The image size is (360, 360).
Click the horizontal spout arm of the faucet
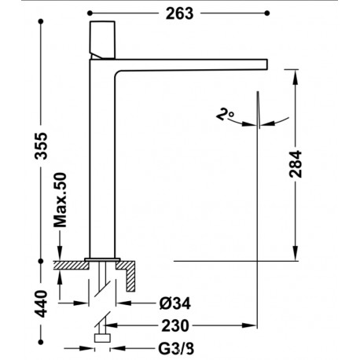[197, 66]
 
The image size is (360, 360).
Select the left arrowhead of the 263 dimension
[91, 13]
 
